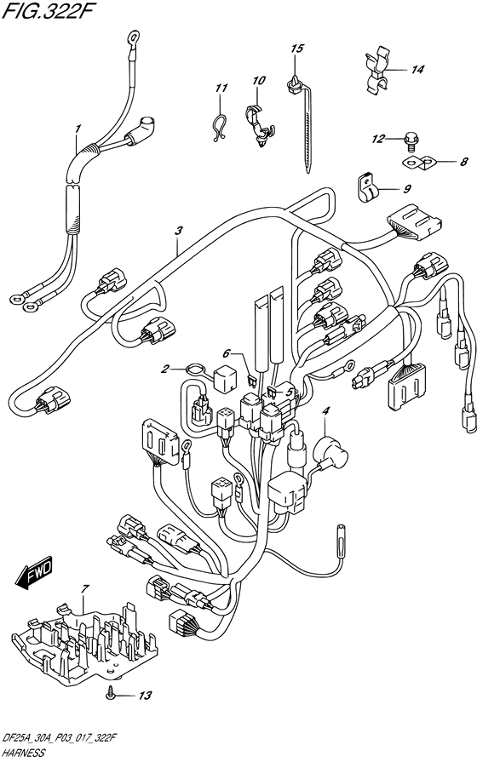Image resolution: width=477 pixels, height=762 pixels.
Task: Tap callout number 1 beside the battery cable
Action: pyautogui.click(x=78, y=129)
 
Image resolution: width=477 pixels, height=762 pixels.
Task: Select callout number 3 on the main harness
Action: pyautogui.click(x=179, y=231)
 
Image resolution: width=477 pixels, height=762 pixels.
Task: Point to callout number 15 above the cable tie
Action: pyautogui.click(x=297, y=49)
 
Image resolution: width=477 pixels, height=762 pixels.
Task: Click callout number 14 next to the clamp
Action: pyautogui.click(x=417, y=70)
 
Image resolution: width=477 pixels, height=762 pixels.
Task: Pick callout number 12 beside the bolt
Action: pyautogui.click(x=378, y=140)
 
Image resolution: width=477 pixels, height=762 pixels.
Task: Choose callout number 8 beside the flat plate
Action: pyautogui.click(x=463, y=161)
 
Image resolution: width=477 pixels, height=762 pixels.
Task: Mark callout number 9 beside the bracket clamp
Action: pyautogui.click(x=407, y=188)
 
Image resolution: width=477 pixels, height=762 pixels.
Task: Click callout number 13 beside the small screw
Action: pyautogui.click(x=145, y=696)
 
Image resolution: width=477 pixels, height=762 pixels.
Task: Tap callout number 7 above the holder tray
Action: pyautogui.click(x=85, y=589)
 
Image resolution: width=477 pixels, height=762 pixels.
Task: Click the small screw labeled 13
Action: pyautogui.click(x=112, y=695)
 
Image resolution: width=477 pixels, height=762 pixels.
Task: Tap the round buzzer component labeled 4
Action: pyautogui.click(x=330, y=450)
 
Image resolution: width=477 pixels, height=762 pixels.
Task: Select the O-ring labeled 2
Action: pyautogui.click(x=195, y=370)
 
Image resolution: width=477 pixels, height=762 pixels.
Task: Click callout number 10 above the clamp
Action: pyautogui.click(x=259, y=80)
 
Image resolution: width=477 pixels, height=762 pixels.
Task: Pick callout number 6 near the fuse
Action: pyautogui.click(x=227, y=354)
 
